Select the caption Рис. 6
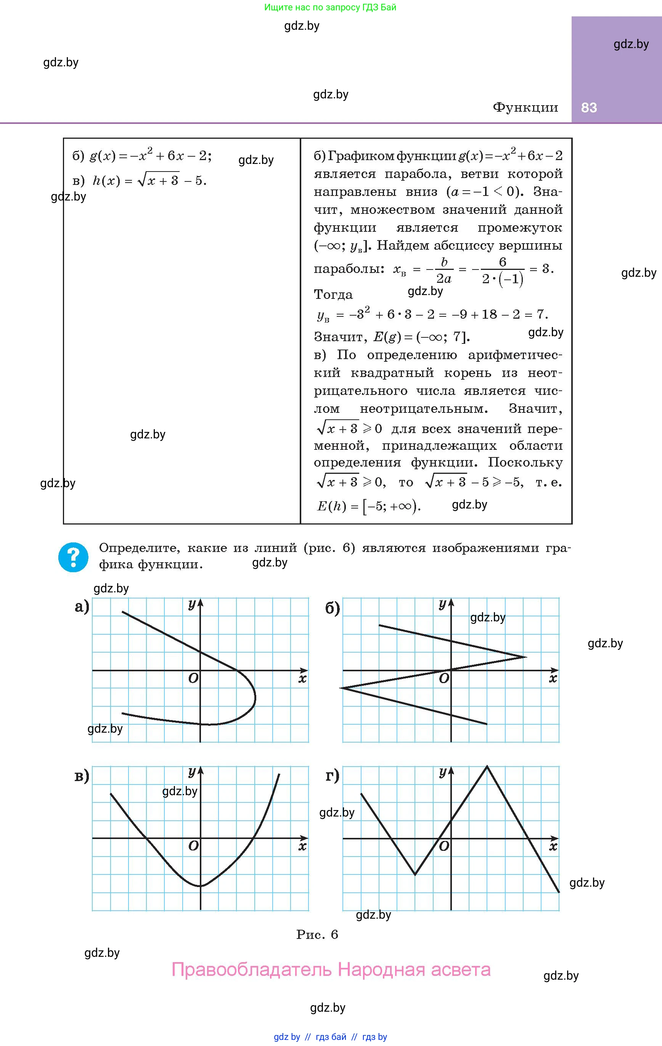point(317,934)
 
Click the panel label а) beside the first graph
point(82,606)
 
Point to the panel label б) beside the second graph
point(333,608)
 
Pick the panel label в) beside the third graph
point(82,776)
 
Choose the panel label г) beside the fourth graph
point(333,776)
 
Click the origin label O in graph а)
point(193,678)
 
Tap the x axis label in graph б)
point(553,678)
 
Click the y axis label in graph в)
point(192,772)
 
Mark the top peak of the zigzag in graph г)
point(487,767)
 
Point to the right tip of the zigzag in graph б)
point(525,657)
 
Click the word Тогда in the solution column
point(333,295)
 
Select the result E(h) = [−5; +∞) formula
point(369,506)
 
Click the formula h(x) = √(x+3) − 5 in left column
point(149,180)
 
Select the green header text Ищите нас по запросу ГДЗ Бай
point(330,7)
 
